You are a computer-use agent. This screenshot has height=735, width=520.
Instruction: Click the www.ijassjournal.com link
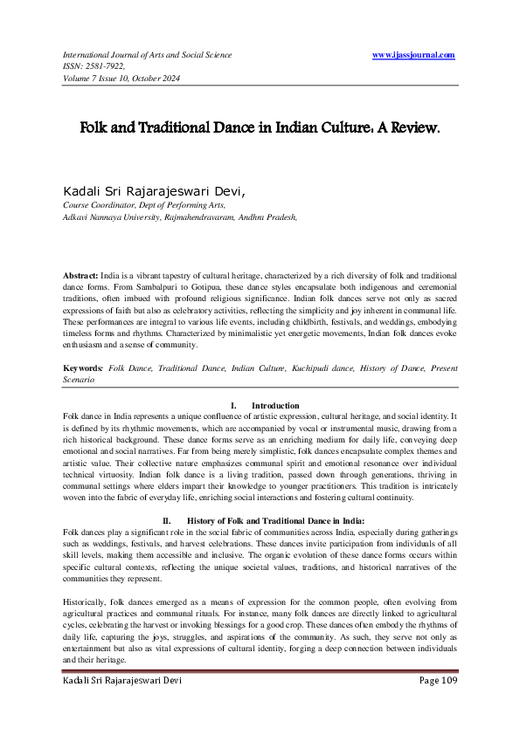413,55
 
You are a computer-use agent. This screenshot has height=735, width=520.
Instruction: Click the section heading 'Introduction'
275,406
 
